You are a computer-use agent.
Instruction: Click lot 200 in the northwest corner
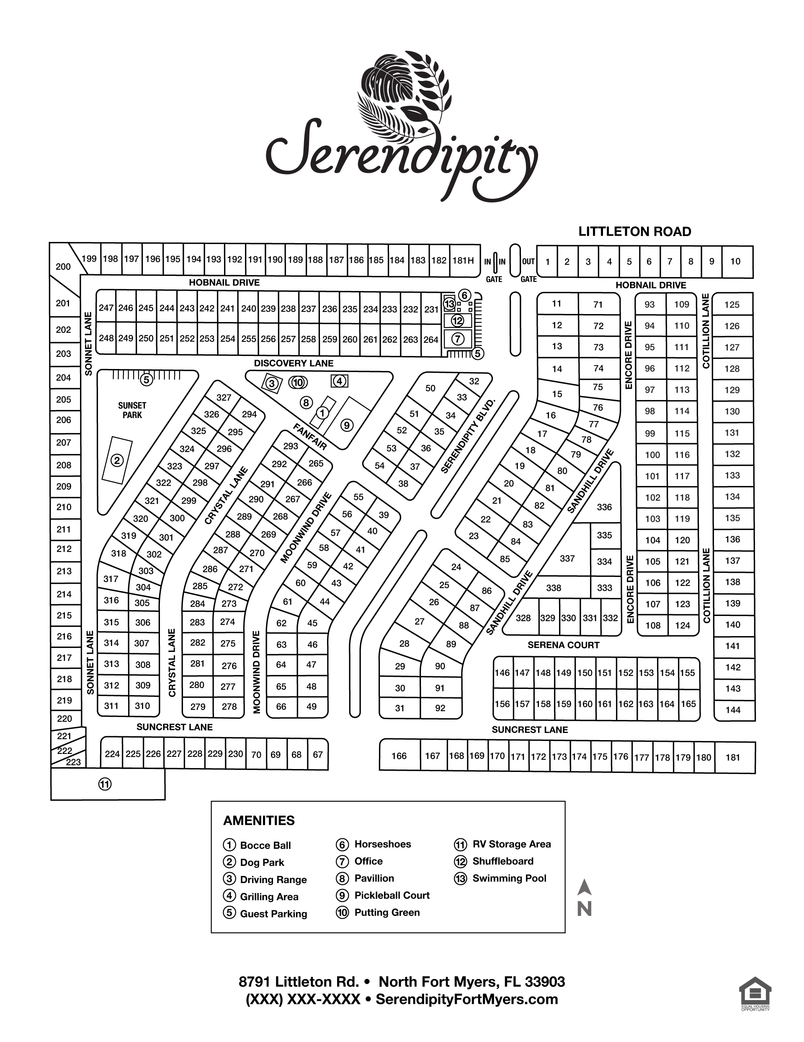coord(63,266)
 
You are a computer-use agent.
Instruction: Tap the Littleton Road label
coord(634,232)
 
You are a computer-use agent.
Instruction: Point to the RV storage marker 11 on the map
coord(105,784)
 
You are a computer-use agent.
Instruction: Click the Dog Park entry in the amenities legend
coord(262,862)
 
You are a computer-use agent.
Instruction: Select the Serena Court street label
coord(563,645)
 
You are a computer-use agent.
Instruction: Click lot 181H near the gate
coord(463,260)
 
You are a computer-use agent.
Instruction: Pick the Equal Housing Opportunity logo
coord(755,994)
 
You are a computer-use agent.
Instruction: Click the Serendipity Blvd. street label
coord(468,436)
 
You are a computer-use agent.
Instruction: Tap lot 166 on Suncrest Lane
coord(399,756)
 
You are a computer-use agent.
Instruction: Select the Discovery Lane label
coord(294,363)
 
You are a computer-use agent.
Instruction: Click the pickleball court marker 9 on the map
coord(346,425)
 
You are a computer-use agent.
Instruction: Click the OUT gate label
coord(528,262)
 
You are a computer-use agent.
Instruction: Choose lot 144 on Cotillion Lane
coord(733,710)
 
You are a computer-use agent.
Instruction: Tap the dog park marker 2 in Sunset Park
coord(117,460)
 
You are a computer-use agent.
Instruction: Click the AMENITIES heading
coord(259,821)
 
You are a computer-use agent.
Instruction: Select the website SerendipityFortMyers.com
coord(466,999)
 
